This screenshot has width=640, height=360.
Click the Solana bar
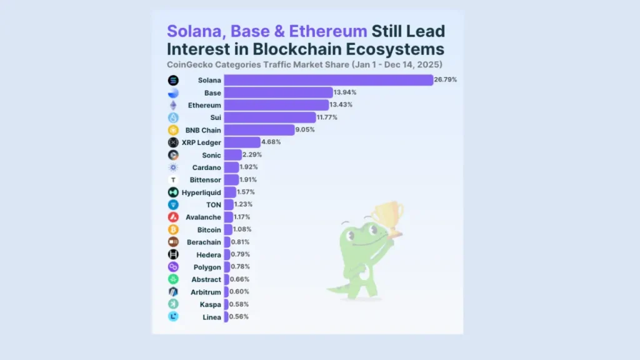pos(328,80)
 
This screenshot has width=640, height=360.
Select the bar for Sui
pos(270,117)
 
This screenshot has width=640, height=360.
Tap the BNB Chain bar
pos(259,130)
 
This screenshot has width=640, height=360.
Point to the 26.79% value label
pos(446,80)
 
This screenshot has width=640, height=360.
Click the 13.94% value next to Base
pos(345,92)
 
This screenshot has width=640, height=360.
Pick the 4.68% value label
pos(271,142)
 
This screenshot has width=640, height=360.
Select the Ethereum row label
pos(204,105)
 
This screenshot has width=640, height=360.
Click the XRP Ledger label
pos(201,142)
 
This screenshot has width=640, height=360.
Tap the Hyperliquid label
pos(201,192)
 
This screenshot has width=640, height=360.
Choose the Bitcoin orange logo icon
pos(173,229)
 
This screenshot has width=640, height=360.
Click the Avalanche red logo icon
pos(173,217)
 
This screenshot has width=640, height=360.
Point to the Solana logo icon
pos(173,80)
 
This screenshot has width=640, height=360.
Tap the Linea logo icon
pos(173,316)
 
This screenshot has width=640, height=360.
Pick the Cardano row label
pos(207,167)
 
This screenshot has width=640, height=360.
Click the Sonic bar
pos(232,154)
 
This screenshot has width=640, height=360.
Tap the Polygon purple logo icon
pos(173,267)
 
